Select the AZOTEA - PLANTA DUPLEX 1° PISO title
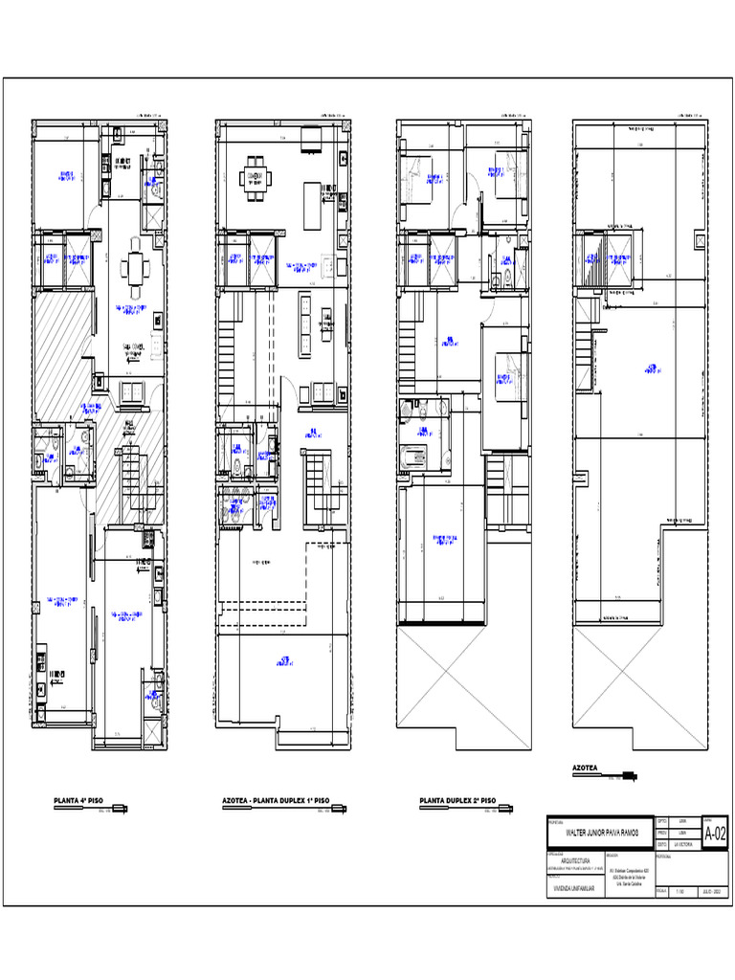click(x=276, y=800)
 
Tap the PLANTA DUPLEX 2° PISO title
click(x=457, y=800)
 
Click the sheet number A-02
click(x=715, y=834)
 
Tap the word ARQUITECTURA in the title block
click(x=570, y=860)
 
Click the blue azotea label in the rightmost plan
click(x=651, y=367)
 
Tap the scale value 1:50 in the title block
click(x=680, y=892)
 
